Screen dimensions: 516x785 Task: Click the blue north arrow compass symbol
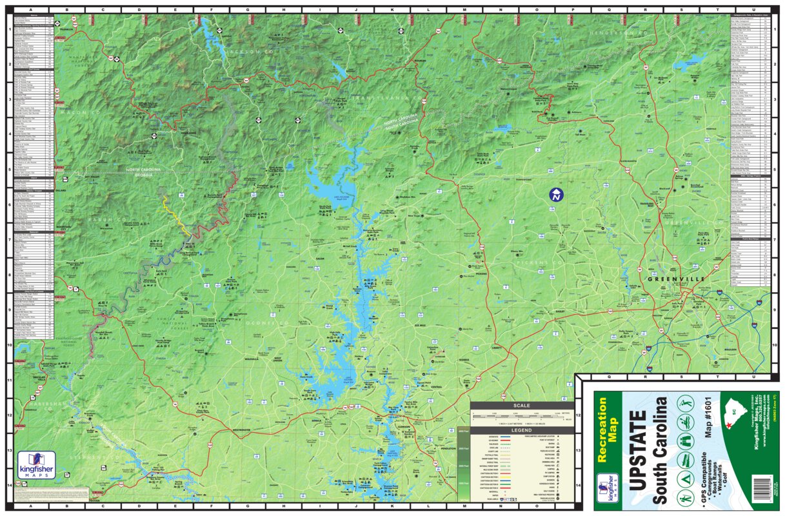[x=555, y=194]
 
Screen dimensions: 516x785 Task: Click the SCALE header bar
[x=521, y=406]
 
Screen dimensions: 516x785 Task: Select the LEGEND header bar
[x=521, y=430]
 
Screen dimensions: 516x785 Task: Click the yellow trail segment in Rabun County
[x=174, y=213]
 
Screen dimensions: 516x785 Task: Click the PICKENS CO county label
[x=535, y=263]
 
